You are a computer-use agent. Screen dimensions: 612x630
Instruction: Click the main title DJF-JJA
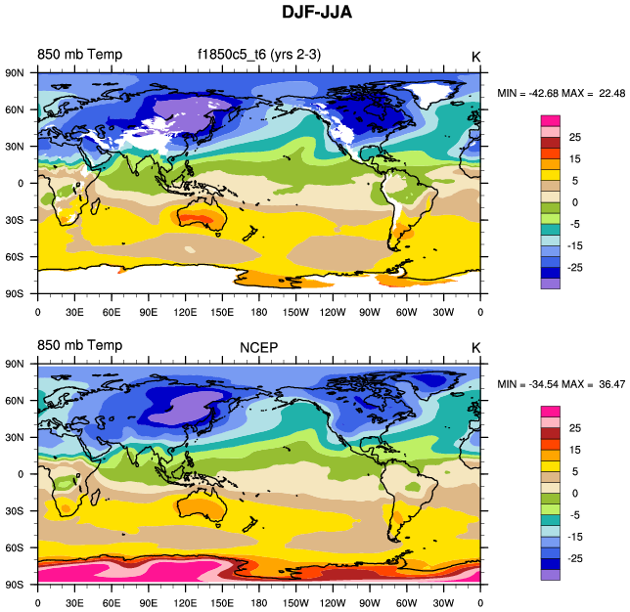tap(315, 14)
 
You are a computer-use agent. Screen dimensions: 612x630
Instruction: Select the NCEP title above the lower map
tap(259, 346)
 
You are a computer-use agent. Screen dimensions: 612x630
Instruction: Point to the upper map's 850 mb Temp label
tap(80, 55)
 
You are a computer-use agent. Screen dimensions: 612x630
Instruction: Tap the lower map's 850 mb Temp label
tap(80, 346)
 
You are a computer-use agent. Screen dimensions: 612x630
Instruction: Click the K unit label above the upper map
tap(475, 56)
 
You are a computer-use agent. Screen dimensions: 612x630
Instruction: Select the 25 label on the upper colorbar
tap(575, 138)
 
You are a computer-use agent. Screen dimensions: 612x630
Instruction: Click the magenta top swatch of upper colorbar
tap(551, 120)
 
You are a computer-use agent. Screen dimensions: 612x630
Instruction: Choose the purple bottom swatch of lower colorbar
tap(551, 575)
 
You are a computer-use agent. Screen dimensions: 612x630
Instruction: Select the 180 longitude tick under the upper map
tap(258, 312)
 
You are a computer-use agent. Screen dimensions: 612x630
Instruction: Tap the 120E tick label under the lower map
tap(185, 603)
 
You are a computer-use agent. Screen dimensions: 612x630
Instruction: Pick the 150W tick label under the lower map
tap(295, 603)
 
